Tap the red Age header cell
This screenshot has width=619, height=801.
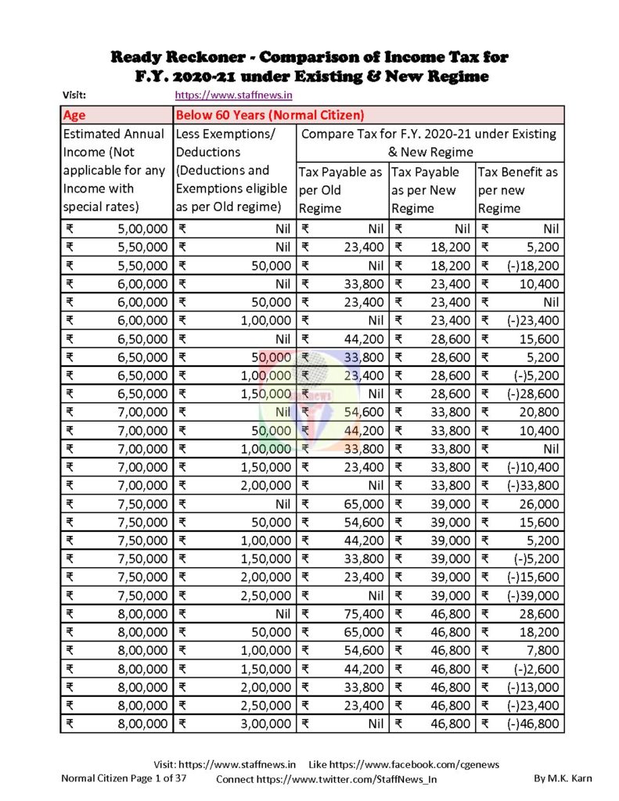point(117,114)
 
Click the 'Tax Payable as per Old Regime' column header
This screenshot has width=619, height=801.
point(342,190)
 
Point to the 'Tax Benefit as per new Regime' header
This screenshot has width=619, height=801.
point(520,190)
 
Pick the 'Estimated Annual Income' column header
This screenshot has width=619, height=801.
point(116,171)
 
